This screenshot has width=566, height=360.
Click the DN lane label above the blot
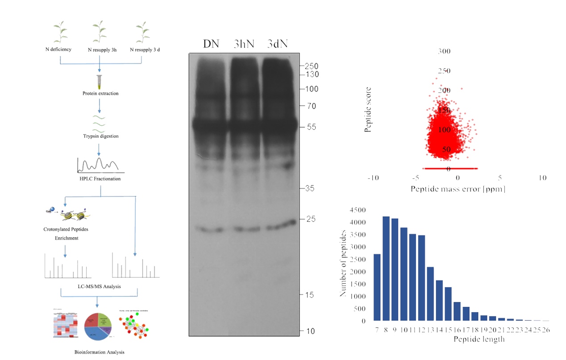(211, 44)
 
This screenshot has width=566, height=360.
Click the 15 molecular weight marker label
(309, 295)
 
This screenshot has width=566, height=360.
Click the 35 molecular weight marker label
(309, 188)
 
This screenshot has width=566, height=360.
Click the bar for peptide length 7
(377, 287)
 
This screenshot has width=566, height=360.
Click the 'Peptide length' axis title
(479, 339)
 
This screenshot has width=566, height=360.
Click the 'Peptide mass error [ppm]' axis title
(458, 189)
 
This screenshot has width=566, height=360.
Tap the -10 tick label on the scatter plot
(373, 178)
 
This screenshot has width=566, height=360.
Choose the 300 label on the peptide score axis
(444, 51)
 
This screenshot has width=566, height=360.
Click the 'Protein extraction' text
(100, 94)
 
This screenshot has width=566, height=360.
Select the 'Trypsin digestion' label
(100, 136)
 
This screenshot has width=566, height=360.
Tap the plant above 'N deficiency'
(62, 32)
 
